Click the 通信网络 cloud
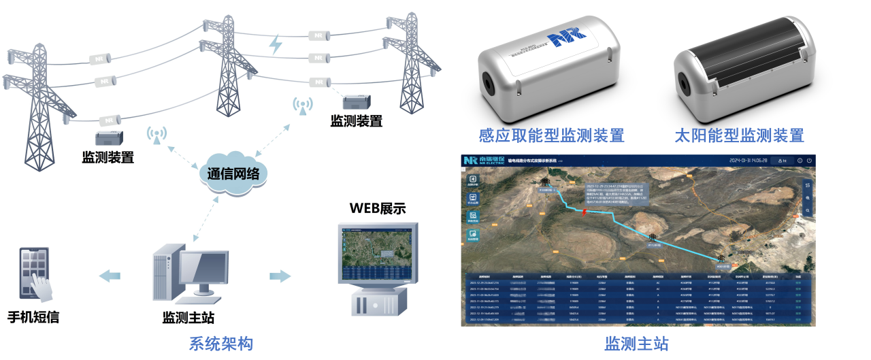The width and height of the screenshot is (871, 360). (234, 174)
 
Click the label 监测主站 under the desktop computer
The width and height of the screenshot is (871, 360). (189, 318)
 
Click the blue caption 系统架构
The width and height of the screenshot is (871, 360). (220, 344)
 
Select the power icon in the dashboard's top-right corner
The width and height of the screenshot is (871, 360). (809, 161)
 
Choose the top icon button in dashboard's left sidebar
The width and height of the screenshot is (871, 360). (472, 180)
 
